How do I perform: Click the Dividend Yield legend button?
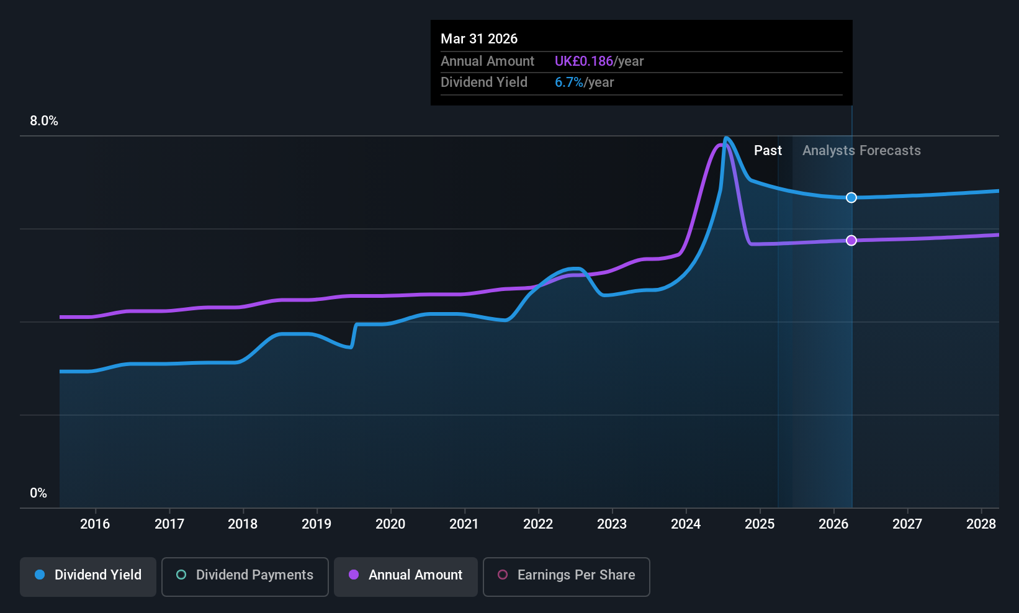click(88, 575)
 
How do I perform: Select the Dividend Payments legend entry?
click(245, 575)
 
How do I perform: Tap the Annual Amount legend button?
click(406, 575)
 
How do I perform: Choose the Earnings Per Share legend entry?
click(566, 575)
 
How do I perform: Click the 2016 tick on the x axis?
click(95, 524)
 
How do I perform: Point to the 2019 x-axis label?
click(316, 524)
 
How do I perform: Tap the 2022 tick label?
click(538, 524)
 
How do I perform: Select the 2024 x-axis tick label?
click(686, 524)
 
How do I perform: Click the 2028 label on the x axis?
click(981, 524)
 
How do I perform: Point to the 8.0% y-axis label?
click(44, 121)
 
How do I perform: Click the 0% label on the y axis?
click(38, 493)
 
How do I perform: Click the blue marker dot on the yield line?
click(851, 197)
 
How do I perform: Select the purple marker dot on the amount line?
click(851, 240)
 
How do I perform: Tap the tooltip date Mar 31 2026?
click(479, 38)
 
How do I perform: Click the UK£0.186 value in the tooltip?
click(583, 61)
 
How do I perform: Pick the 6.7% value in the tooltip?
click(569, 83)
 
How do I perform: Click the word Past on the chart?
click(768, 151)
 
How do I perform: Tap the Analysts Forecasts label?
click(861, 151)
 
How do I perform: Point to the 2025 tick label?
click(760, 524)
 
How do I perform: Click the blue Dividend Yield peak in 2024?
click(726, 138)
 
